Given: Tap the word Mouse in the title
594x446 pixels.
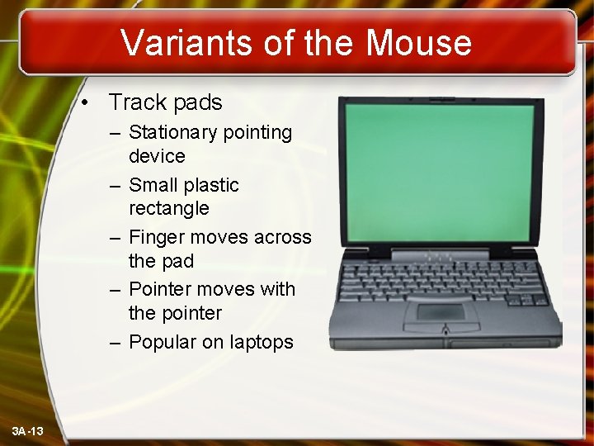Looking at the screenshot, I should (418, 43).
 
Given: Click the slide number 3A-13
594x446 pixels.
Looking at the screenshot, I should (28, 431).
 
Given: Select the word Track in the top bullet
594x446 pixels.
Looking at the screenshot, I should (136, 102).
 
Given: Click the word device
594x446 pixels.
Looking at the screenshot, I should (157, 155).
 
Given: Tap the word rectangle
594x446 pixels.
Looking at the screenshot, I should (169, 208).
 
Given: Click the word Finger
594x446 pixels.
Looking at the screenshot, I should (157, 238).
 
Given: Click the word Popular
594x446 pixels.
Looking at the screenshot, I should (164, 342).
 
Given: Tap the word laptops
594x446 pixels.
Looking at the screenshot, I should (262, 342).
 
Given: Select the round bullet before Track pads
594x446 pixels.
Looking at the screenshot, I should (97, 103).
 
